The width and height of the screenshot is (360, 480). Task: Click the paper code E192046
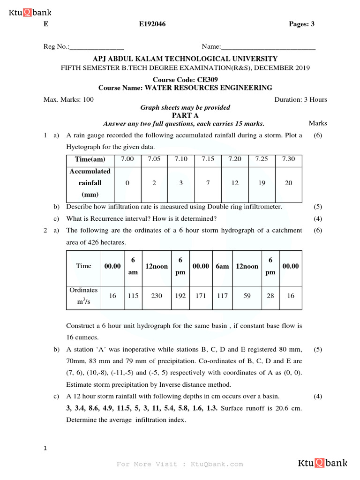click(152, 24)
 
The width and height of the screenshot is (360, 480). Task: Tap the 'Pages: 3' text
click(302, 24)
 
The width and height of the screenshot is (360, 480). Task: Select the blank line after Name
click(268, 47)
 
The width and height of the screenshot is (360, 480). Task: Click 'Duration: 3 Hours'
click(300, 99)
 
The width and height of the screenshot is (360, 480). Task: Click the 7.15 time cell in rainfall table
click(208, 159)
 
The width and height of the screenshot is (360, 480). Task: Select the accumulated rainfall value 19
click(262, 183)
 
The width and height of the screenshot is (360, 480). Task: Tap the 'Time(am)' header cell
click(90, 159)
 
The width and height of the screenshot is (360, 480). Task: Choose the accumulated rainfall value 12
click(235, 183)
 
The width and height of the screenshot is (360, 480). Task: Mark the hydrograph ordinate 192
click(180, 296)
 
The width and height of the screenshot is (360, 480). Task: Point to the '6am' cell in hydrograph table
click(222, 266)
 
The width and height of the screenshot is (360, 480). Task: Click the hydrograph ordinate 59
click(247, 296)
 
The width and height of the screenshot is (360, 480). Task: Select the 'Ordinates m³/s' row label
click(83, 296)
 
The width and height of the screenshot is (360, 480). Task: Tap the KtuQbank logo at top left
click(30, 13)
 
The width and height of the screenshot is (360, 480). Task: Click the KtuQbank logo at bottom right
click(322, 464)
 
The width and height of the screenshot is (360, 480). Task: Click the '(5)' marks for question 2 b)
click(318, 350)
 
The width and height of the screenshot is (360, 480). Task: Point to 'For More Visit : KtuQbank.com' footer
click(180, 464)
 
